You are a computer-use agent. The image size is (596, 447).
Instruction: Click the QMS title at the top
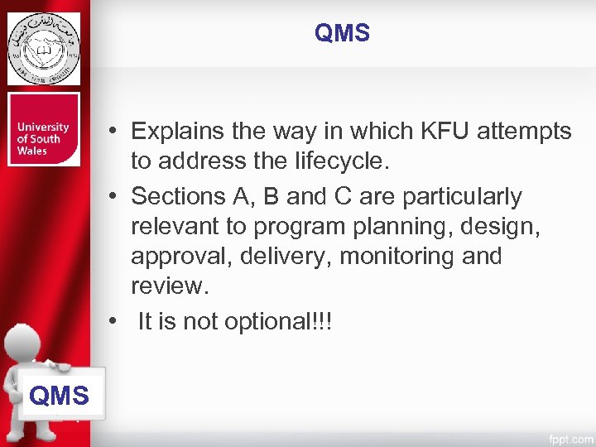[x=342, y=33]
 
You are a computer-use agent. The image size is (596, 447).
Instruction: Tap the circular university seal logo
[x=44, y=49]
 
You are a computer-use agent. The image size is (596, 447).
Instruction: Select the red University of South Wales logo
[x=44, y=129]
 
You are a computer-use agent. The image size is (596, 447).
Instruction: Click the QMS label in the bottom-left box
[x=59, y=396]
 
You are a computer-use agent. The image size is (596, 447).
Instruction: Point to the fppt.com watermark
[x=570, y=438]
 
